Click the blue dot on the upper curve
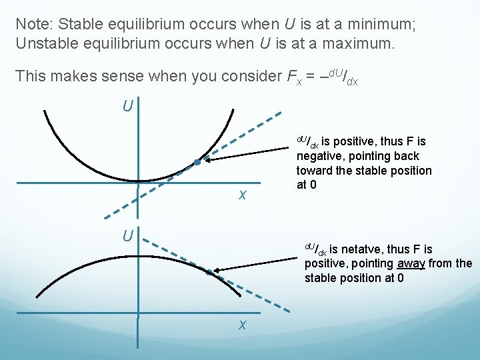197,162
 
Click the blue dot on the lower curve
209,272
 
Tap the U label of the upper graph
127,105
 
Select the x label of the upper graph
243,195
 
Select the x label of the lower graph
243,325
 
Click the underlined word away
411,263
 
